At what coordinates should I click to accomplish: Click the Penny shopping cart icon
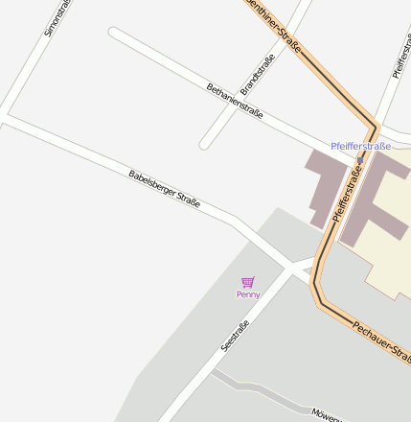[248, 282]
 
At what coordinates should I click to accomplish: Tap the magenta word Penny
[248, 294]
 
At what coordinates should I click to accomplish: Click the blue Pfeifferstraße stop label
[360, 146]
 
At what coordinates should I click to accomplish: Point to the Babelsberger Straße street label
[164, 190]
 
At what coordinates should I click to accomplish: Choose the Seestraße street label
[235, 335]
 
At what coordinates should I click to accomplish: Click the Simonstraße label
[57, 17]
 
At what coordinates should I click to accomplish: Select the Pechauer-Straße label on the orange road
[378, 340]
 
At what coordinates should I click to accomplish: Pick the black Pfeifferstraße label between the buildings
[349, 192]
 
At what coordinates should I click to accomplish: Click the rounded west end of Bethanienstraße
[114, 34]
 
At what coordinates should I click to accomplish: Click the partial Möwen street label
[326, 413]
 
